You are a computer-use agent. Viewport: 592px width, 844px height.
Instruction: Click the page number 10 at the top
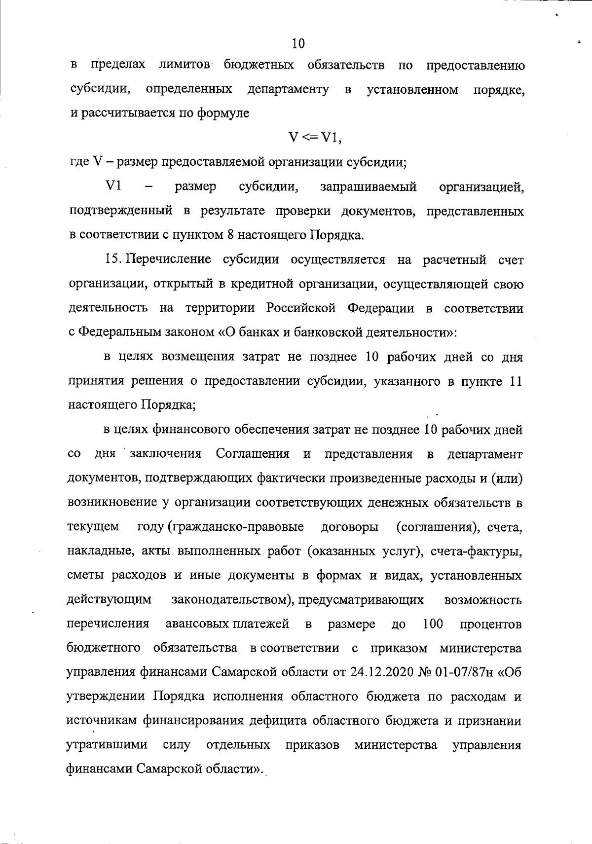[x=298, y=44]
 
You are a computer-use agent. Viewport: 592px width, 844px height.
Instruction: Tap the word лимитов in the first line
[x=185, y=66]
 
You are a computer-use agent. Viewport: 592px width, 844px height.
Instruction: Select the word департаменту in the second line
[x=288, y=90]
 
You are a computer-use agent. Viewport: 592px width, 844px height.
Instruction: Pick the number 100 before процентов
[x=433, y=624]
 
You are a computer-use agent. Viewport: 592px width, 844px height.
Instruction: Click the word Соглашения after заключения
[x=253, y=454]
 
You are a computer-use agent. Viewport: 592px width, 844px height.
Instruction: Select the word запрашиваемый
[x=369, y=187]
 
